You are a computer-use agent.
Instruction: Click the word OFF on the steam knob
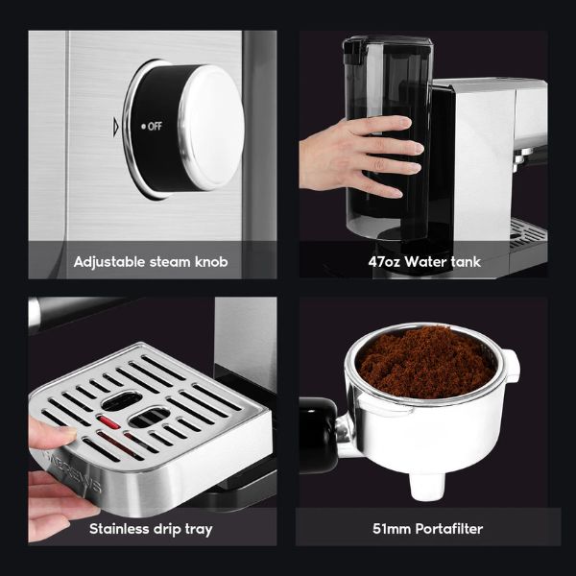click(155, 127)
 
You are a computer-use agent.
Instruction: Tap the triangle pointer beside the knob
click(116, 127)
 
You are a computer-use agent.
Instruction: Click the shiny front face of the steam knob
click(212, 128)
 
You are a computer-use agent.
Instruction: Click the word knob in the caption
click(211, 261)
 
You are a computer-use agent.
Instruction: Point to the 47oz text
click(384, 262)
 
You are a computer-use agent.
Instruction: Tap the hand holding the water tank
click(362, 156)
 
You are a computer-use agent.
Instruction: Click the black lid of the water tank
click(388, 43)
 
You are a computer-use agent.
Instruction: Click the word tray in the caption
click(199, 530)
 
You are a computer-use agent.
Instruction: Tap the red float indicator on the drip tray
click(108, 422)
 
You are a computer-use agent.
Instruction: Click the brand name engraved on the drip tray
click(74, 473)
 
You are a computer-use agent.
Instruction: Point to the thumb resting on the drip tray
click(52, 434)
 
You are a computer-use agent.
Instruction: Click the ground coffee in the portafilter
click(426, 363)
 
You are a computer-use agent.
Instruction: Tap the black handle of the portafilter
click(318, 435)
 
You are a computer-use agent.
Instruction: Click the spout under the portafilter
click(427, 486)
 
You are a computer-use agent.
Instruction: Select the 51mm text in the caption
click(392, 529)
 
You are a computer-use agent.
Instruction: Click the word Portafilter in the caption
click(449, 529)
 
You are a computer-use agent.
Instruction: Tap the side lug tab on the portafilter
click(512, 365)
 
